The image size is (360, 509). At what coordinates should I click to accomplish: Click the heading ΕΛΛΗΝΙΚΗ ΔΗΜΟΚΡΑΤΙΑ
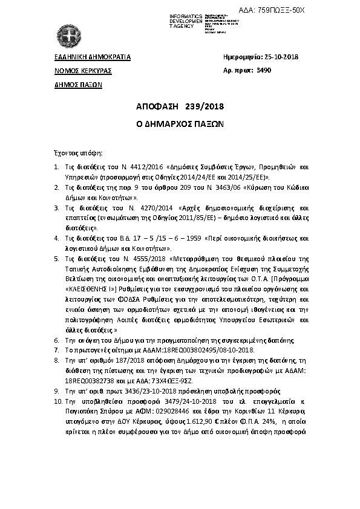[93, 57]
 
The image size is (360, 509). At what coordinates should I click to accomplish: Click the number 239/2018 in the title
[205, 107]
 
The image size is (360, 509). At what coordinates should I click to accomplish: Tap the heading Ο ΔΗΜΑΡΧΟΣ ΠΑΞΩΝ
[180, 123]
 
